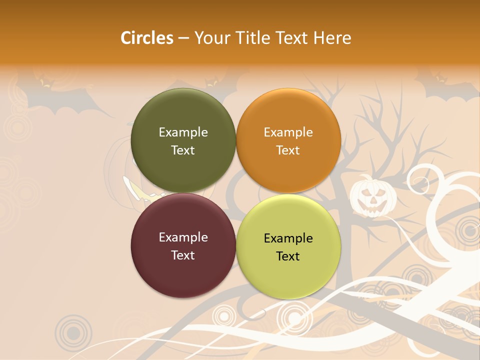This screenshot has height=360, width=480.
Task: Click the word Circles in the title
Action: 146,38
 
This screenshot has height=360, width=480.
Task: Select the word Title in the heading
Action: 255,38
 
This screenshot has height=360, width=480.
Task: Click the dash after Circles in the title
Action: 183,38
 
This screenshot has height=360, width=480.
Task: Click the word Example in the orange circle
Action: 288,132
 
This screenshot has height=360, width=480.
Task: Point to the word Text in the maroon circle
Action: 183,255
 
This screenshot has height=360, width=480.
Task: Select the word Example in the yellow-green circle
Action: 288,238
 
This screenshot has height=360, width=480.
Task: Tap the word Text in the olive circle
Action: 183,150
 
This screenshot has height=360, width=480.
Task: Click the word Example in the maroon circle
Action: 183,237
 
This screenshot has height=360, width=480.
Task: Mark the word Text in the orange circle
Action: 288,150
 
